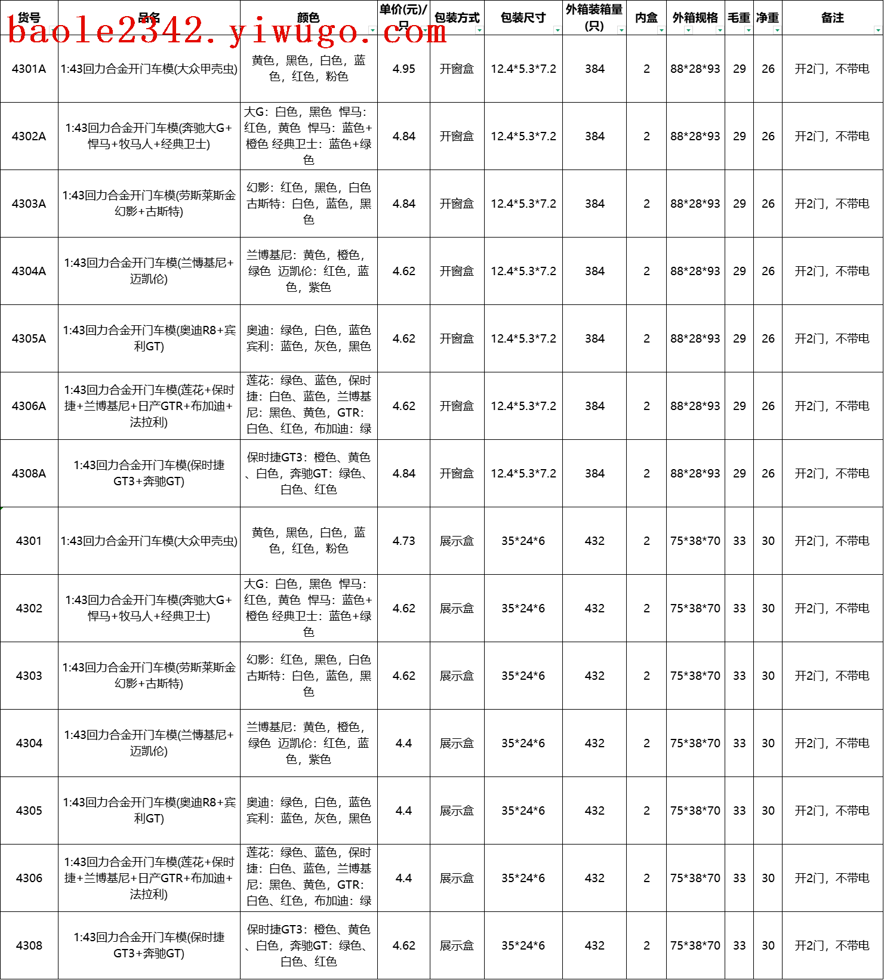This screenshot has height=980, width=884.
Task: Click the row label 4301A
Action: point(29,69)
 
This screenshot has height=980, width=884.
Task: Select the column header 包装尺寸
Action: point(522,18)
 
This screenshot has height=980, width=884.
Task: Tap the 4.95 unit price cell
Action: point(404,69)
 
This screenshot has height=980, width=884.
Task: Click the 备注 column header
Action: point(832,18)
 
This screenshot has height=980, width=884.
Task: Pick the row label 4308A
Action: point(29,474)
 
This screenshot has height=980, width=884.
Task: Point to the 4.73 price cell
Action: point(404,541)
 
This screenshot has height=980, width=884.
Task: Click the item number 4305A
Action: point(29,339)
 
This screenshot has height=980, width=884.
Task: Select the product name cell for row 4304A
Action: point(149,271)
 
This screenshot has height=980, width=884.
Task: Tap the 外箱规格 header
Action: point(695,18)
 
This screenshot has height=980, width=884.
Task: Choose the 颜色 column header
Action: point(308,18)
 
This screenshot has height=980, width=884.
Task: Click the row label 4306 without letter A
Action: point(29,879)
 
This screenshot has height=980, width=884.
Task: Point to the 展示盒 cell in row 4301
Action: point(457,541)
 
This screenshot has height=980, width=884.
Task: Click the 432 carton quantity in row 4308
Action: point(594,946)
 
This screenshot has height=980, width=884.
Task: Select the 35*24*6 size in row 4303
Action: point(523,676)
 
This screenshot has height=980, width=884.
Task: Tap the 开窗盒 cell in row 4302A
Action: point(457,137)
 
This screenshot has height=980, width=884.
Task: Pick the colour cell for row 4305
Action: point(308,810)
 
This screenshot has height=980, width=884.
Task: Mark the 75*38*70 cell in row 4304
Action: point(695,744)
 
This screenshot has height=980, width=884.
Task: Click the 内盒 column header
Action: point(646,18)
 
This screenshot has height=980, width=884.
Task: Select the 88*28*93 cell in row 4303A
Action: point(695,204)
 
